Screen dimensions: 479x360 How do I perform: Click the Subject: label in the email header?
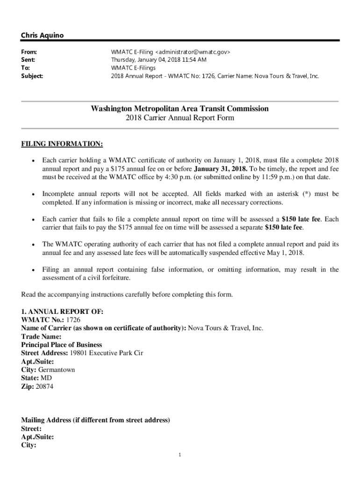point(32,75)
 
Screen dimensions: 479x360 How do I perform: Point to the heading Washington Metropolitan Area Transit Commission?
point(180,109)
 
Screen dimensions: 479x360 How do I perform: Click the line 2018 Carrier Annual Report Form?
point(180,118)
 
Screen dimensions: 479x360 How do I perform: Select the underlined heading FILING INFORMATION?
point(62,143)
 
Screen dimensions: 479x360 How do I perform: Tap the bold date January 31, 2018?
point(221,169)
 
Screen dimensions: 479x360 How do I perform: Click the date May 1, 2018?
point(285,253)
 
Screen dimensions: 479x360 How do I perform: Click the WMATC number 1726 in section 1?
point(73,320)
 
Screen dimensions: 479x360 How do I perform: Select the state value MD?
point(46,378)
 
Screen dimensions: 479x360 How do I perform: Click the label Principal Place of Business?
point(61,345)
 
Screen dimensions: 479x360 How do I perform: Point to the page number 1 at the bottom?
point(180,455)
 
